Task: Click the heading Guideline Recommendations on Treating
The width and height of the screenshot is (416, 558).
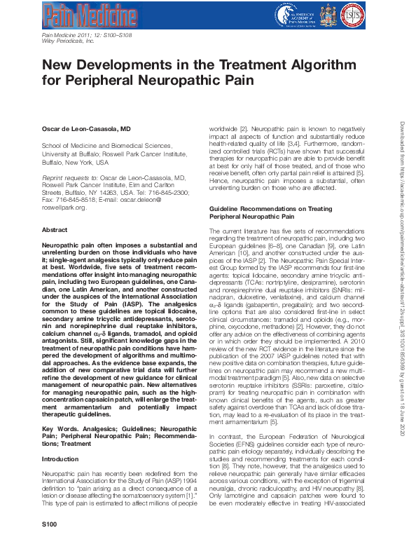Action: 270,210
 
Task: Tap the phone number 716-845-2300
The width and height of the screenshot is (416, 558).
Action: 167,192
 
